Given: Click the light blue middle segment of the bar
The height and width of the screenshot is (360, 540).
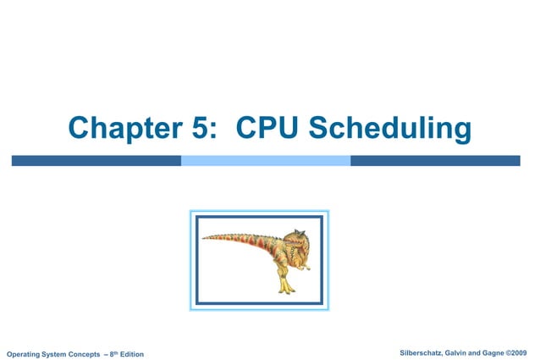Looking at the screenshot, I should click(266, 160).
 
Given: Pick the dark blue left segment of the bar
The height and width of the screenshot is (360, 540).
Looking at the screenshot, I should click(96, 160).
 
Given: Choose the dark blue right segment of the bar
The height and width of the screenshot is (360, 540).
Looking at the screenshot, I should click(435, 160).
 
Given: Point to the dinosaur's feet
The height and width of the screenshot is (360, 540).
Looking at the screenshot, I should click(289, 288).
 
